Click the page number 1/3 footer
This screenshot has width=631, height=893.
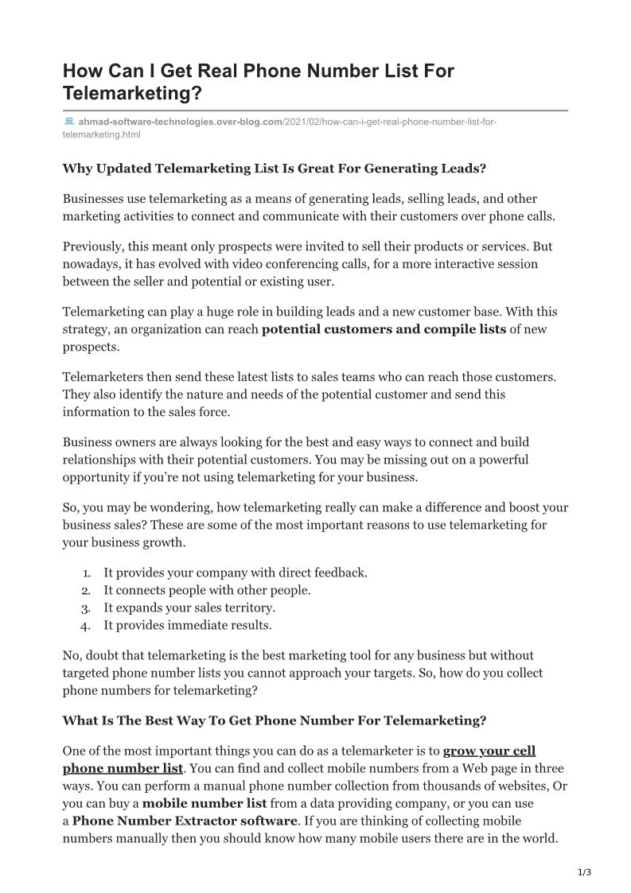pos(584,872)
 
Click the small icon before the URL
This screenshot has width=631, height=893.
pos(68,122)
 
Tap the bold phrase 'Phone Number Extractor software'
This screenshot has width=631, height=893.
pos(185,821)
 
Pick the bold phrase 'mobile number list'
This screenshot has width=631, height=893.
pos(204,803)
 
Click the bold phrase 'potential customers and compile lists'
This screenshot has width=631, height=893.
pos(384,329)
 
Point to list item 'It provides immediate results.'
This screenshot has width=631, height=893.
pos(188,625)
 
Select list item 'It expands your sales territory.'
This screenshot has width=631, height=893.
pos(189,608)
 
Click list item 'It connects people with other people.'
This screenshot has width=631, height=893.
pos(207,590)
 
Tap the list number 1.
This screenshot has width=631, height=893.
pos(86,573)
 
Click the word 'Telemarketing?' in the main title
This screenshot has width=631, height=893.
pos(132,94)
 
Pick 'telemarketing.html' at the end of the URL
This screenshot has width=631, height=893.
pos(101,135)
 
